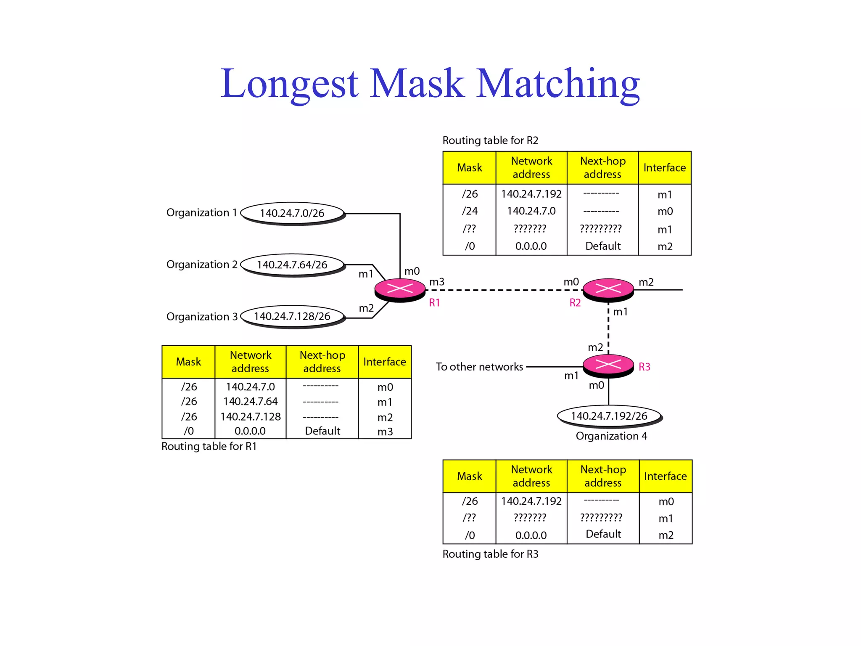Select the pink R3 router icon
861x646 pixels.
tap(608, 365)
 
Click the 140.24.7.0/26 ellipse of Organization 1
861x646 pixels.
tap(292, 213)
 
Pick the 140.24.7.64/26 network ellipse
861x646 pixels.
tap(292, 265)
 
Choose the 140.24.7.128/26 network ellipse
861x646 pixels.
tap(292, 316)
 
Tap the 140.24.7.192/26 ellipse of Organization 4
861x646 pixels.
tap(609, 416)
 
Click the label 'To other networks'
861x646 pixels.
tap(479, 367)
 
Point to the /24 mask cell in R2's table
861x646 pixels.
tap(470, 211)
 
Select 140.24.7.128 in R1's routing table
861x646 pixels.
tap(251, 417)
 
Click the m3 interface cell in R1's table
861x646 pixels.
tap(385, 432)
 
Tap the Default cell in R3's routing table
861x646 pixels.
tap(603, 534)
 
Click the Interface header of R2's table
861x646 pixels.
tap(664, 168)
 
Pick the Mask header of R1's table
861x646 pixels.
tap(188, 362)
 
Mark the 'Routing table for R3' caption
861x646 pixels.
tap(490, 554)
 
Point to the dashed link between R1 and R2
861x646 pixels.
tap(504, 290)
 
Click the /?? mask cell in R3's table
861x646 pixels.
tap(470, 518)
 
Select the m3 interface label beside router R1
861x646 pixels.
tap(437, 282)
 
